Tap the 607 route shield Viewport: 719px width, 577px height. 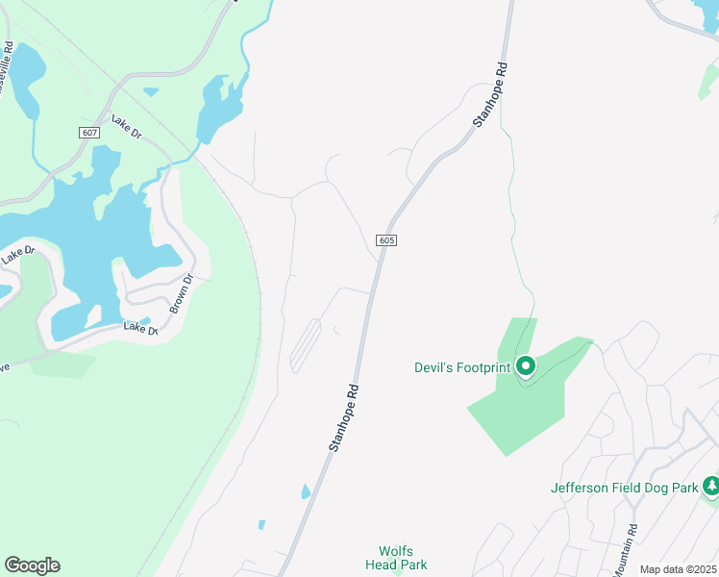point(89,132)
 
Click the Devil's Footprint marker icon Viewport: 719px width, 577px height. point(526,365)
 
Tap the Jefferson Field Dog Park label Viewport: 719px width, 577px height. point(624,488)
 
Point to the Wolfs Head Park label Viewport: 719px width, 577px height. point(396,558)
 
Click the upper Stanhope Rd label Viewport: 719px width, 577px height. point(490,96)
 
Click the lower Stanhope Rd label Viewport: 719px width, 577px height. point(344,418)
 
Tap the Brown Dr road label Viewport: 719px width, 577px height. point(182,293)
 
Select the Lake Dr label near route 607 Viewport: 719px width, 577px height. point(126,126)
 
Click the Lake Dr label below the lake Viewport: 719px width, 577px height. point(140,328)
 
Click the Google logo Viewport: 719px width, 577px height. point(32,565)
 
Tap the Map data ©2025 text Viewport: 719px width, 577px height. point(677,569)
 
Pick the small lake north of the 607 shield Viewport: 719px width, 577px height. point(151,91)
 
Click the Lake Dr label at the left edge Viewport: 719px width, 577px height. point(17,255)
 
